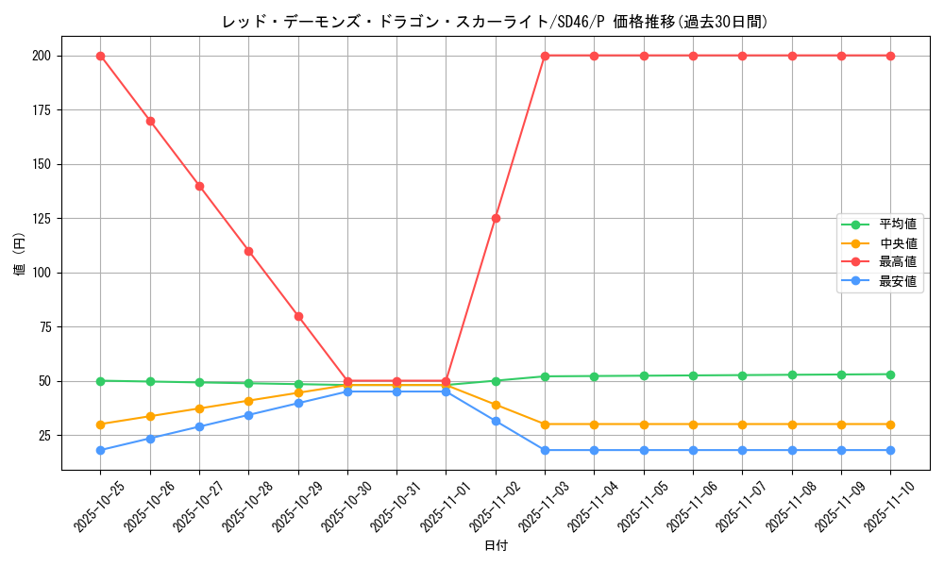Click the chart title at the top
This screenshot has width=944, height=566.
[x=495, y=22]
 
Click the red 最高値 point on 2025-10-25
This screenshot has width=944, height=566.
[x=100, y=56]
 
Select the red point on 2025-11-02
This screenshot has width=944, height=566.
[x=496, y=218]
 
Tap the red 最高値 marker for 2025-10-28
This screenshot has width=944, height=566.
[x=248, y=251]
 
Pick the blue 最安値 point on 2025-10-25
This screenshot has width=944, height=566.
[x=100, y=450]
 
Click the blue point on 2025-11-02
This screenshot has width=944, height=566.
[x=496, y=421]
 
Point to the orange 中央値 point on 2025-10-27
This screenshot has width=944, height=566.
[x=199, y=408]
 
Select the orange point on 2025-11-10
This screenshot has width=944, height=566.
[x=890, y=424]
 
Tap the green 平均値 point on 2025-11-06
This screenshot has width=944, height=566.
[x=693, y=375]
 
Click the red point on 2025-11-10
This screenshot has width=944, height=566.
[x=890, y=56]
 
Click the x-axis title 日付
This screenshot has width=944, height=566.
[x=496, y=546]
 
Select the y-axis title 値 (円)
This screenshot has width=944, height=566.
[x=20, y=252]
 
